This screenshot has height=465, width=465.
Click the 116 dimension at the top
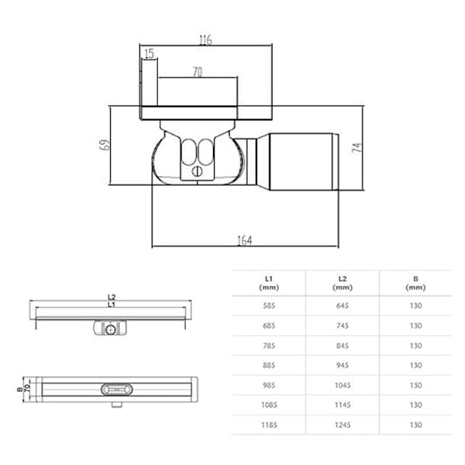pos(205,40)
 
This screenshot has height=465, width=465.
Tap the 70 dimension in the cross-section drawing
pos(197,71)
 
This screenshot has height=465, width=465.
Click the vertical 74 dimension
pos(357,147)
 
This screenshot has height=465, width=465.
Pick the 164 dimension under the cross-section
pos(244,240)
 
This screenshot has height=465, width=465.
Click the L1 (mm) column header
pos(267,282)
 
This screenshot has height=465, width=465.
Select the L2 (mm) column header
pos(342,282)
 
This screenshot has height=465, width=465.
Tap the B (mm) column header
pos(415,282)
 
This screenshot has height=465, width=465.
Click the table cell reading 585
pos(267,306)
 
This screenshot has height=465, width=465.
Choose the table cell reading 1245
pos(342,425)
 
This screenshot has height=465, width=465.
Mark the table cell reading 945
pos(342,365)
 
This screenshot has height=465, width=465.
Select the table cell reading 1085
pos(267,405)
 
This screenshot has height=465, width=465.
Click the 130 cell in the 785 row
pos(415,346)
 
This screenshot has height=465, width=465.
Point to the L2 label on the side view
pos(112,297)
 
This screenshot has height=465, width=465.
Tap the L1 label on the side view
pos(112,305)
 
